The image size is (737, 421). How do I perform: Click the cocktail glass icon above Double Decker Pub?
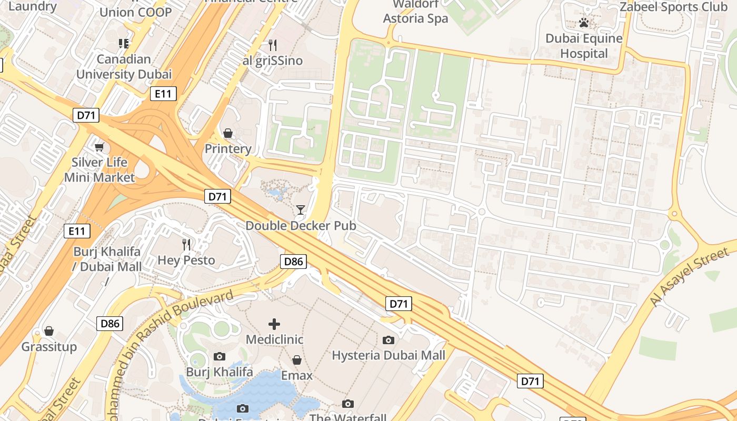click(x=301, y=210)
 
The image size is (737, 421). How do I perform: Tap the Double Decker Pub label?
click(x=301, y=226)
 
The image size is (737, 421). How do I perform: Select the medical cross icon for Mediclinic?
click(x=274, y=324)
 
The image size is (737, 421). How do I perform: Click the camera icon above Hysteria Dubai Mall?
click(x=389, y=340)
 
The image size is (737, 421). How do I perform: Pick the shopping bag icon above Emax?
click(x=297, y=360)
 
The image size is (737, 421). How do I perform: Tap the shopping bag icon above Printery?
click(x=228, y=133)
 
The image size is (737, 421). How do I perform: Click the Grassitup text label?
click(x=49, y=347)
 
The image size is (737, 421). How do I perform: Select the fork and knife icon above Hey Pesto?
click(x=186, y=244)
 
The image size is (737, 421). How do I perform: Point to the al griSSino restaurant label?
click(x=272, y=61)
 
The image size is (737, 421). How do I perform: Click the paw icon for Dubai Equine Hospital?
click(x=583, y=23)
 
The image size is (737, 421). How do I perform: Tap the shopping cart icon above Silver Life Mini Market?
click(x=99, y=147)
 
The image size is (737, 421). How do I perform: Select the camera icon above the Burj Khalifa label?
click(x=220, y=357)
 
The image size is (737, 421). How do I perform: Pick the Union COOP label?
click(x=135, y=12)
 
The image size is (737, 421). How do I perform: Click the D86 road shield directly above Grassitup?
click(x=109, y=323)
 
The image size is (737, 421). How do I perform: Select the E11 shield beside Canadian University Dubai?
click(x=163, y=94)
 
